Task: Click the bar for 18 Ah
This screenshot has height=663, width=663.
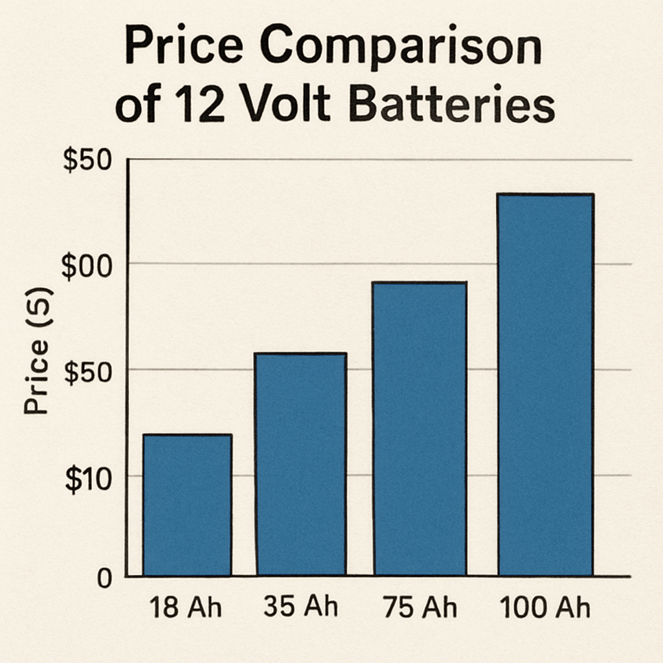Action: point(187,505)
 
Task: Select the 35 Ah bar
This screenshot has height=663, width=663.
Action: point(300,464)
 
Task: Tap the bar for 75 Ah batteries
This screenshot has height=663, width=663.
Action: point(420,429)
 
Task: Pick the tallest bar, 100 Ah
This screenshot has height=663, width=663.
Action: point(545,385)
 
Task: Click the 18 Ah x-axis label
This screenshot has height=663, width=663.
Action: point(185,609)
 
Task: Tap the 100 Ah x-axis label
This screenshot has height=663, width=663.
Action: point(545,609)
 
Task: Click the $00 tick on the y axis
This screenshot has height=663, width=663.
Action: point(87,267)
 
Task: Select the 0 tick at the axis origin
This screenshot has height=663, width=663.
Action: point(105,578)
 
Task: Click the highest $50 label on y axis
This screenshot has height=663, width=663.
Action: point(87,161)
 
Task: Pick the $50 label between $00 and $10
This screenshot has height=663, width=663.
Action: point(87,374)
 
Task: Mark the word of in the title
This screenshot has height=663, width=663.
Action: point(137,106)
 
